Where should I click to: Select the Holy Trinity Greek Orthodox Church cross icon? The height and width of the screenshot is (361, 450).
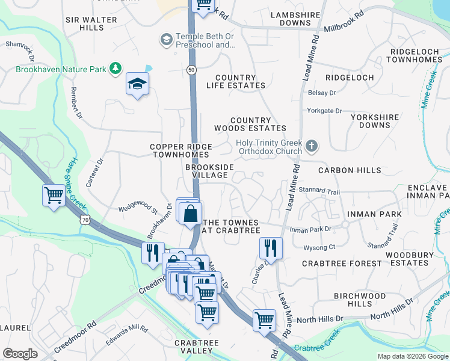coord(311,146)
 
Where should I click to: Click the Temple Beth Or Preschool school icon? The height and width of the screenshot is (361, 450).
coord(165,40)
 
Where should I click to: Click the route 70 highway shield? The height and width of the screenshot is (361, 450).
coord(86,221)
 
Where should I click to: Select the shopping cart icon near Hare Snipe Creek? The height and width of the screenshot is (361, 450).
coord(54,196)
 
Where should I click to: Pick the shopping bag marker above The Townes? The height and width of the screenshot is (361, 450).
coord(190,214)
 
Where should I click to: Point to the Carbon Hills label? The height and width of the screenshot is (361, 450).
coord(345,170)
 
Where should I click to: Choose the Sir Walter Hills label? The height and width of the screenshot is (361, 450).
coord(91,23)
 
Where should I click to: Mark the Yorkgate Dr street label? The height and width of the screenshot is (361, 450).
coord(324,111)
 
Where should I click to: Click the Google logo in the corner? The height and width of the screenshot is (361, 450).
coord(20,354)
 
